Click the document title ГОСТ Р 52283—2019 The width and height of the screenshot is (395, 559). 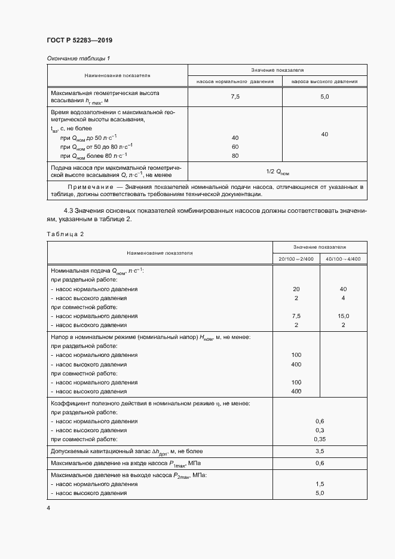(x=79, y=40)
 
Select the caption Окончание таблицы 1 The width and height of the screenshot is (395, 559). (x=78, y=58)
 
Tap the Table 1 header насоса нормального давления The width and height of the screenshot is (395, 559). (x=235, y=81)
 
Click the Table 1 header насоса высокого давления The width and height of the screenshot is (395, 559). (x=324, y=81)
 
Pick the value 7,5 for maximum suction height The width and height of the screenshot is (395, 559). (x=235, y=96)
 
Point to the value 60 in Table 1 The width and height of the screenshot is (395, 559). (x=235, y=146)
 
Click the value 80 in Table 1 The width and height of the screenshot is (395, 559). (x=235, y=156)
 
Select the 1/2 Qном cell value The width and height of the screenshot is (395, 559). (x=277, y=172)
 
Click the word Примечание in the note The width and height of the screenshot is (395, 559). (x=88, y=187)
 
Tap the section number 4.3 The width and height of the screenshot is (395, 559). (x=69, y=211)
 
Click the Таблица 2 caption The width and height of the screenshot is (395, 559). (x=65, y=234)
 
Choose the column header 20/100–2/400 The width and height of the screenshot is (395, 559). (x=296, y=258)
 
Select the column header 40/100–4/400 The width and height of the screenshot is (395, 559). (x=344, y=258)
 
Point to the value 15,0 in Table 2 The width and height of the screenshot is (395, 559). (x=343, y=316)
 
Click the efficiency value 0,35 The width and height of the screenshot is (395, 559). (x=320, y=438)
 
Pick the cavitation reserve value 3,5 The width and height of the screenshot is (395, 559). (x=320, y=451)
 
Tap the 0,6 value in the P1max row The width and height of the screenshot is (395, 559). (x=320, y=463)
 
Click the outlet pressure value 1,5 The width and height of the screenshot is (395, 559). (x=320, y=484)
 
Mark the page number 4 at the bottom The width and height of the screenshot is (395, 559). (x=48, y=508)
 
